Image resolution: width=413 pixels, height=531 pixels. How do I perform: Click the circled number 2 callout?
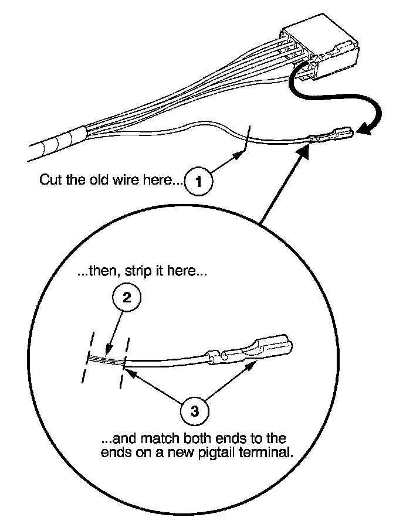click(126, 298)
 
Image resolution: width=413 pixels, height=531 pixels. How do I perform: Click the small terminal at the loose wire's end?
click(331, 137)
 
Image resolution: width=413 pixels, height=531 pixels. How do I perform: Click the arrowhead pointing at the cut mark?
click(240, 155)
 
